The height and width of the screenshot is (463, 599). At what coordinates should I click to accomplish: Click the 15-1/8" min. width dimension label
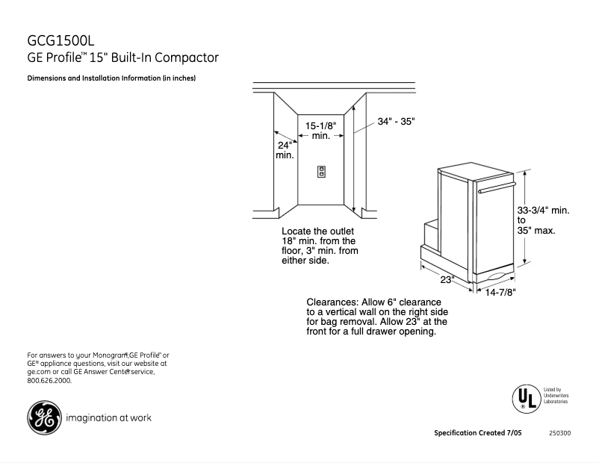(x=321, y=131)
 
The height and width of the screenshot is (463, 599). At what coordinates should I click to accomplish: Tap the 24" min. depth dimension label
(x=285, y=150)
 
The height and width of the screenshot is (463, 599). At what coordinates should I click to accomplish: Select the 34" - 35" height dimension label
(x=396, y=121)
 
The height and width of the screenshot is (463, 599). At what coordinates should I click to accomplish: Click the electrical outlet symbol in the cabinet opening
(x=322, y=171)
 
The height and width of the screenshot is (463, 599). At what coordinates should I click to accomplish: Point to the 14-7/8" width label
(x=501, y=293)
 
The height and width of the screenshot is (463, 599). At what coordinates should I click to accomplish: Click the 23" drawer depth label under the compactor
(x=447, y=279)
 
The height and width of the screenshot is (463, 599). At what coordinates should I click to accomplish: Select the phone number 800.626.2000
(x=49, y=381)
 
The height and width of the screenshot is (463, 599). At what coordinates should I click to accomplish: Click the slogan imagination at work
(x=109, y=418)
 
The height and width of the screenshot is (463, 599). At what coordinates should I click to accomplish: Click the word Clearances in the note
(x=334, y=302)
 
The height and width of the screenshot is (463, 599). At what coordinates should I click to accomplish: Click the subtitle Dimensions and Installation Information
(x=111, y=78)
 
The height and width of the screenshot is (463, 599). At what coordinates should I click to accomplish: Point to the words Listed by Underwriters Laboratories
(x=555, y=396)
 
